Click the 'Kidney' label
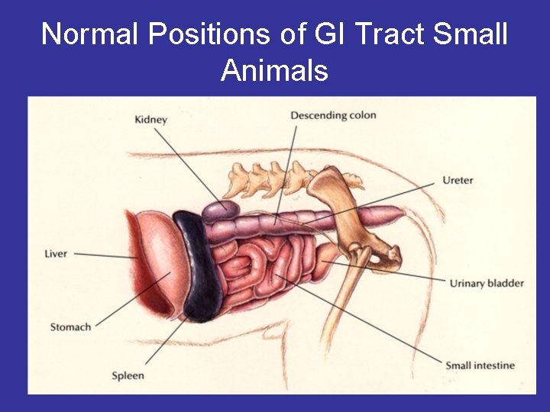pyautogui.click(x=150, y=119)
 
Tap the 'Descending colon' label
pyautogui.click(x=333, y=115)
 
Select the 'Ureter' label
pyautogui.click(x=458, y=181)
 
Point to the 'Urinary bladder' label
pyautogui.click(x=487, y=283)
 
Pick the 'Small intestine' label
pyautogui.click(x=480, y=365)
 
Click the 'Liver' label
pyautogui.click(x=56, y=253)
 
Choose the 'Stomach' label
pyautogui.click(x=70, y=327)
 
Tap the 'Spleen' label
pyautogui.click(x=128, y=375)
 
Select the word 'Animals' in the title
pyautogui.click(x=274, y=71)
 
